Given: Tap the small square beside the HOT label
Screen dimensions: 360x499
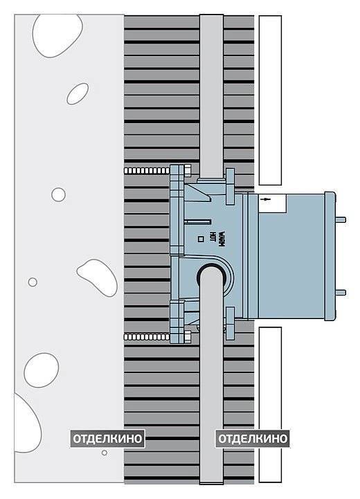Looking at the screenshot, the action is click(201, 239).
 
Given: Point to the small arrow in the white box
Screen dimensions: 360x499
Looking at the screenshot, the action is click(265, 199).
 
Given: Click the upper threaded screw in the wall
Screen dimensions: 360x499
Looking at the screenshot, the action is click(146, 170).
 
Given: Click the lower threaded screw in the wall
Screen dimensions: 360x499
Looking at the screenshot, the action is click(146, 336).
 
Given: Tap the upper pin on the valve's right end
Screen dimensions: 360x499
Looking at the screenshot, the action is click(341, 219).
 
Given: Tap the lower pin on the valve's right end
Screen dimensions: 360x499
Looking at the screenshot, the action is click(341, 292).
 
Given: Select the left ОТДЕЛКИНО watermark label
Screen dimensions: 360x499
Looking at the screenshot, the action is click(107, 439).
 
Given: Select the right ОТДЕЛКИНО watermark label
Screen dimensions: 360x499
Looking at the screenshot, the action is click(253, 439).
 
